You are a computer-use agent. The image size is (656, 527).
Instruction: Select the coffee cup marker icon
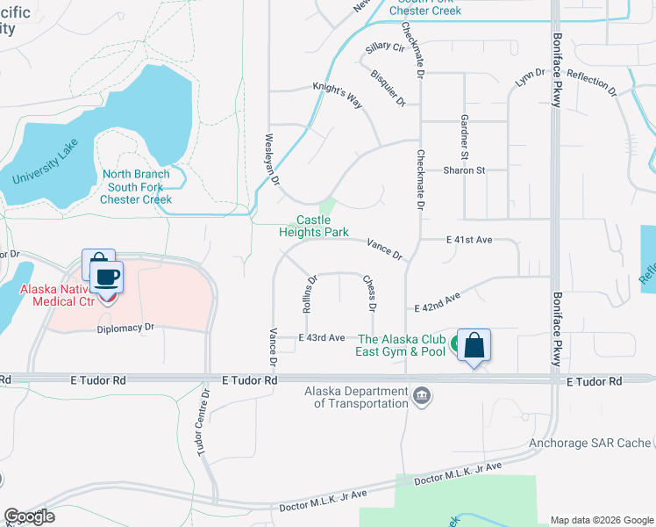(x=106, y=278)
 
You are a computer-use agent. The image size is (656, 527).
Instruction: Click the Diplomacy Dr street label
(x=125, y=327)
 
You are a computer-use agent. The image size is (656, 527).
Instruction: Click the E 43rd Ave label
(x=321, y=338)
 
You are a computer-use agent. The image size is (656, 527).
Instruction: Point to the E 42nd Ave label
(x=438, y=304)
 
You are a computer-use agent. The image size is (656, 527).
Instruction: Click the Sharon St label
(x=464, y=170)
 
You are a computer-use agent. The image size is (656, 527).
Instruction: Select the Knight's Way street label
(x=339, y=94)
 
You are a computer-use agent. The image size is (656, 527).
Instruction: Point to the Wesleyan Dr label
(x=271, y=159)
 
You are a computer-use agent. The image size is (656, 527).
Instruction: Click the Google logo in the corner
(x=29, y=517)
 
